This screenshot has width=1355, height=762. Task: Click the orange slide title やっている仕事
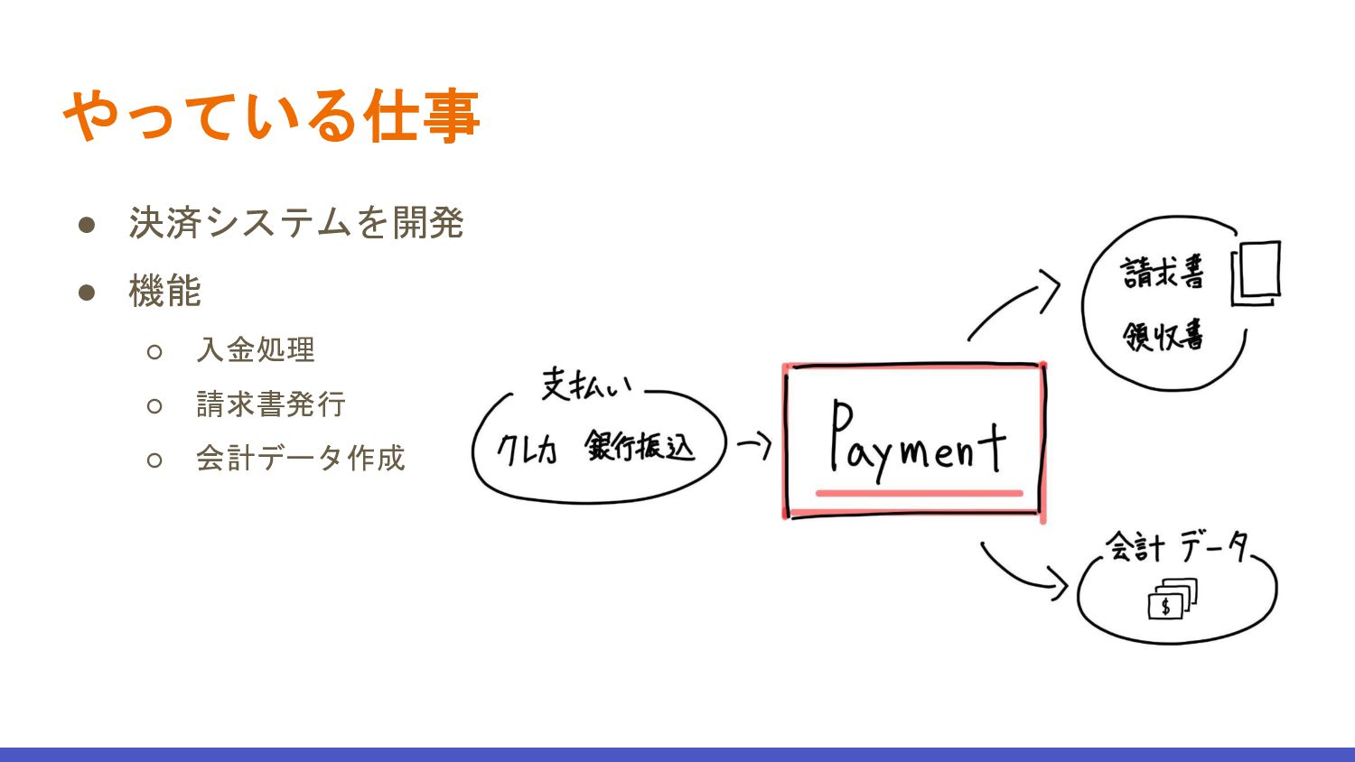pos(271,116)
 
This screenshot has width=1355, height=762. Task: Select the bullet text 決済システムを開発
pos(296,223)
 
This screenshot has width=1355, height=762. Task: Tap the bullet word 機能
pos(164,292)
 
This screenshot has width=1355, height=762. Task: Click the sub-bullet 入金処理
pos(256,349)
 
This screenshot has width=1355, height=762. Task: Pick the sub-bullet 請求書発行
pos(271,404)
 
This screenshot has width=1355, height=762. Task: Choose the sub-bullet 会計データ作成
pos(300,458)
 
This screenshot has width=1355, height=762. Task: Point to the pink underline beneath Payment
pos(919,493)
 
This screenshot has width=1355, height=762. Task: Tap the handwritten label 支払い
pos(586,385)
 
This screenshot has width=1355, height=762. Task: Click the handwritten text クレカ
pos(528,449)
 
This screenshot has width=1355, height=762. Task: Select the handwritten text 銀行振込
pos(640,446)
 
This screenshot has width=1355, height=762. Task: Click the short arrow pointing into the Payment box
pos(754,444)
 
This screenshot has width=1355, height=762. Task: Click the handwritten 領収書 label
pos(1163,336)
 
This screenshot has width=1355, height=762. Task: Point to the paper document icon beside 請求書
pos(1257,273)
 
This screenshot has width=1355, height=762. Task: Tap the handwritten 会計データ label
pos(1177,546)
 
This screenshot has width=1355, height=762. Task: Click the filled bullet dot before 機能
pos(87,292)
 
